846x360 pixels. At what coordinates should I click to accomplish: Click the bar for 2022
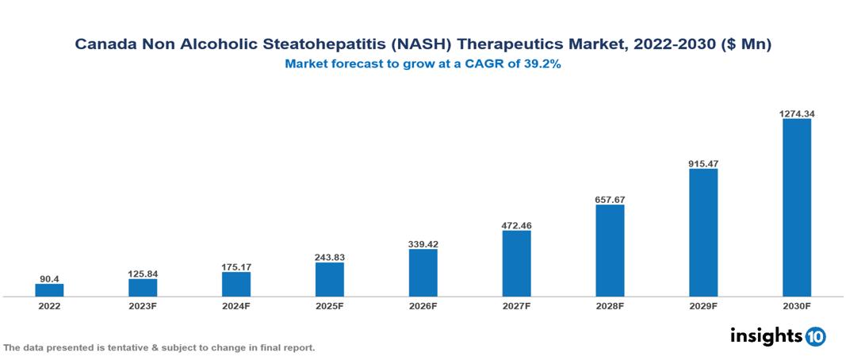coord(49,290)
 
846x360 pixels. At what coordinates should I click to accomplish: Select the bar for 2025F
coord(329,279)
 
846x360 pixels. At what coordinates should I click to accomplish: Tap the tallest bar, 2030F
coord(797,208)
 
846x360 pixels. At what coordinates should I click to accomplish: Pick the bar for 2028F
coord(610,251)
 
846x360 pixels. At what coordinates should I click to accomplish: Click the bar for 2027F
coord(516,263)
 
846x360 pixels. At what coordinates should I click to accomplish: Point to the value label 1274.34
coord(797,113)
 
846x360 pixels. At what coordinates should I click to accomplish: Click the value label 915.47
coord(703,163)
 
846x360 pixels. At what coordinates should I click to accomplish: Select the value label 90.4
coord(49,279)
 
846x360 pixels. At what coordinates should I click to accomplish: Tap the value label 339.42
coord(423,244)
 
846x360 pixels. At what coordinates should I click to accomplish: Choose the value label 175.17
coord(236,267)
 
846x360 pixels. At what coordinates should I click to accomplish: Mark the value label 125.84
coord(143,274)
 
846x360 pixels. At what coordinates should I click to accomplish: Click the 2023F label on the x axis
coord(143,305)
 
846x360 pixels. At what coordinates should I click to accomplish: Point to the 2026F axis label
coord(423,305)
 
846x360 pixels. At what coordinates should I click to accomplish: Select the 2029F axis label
coord(703,305)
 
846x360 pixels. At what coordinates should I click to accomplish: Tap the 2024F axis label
coord(236,305)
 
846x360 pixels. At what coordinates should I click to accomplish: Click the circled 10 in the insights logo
coord(815,336)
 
